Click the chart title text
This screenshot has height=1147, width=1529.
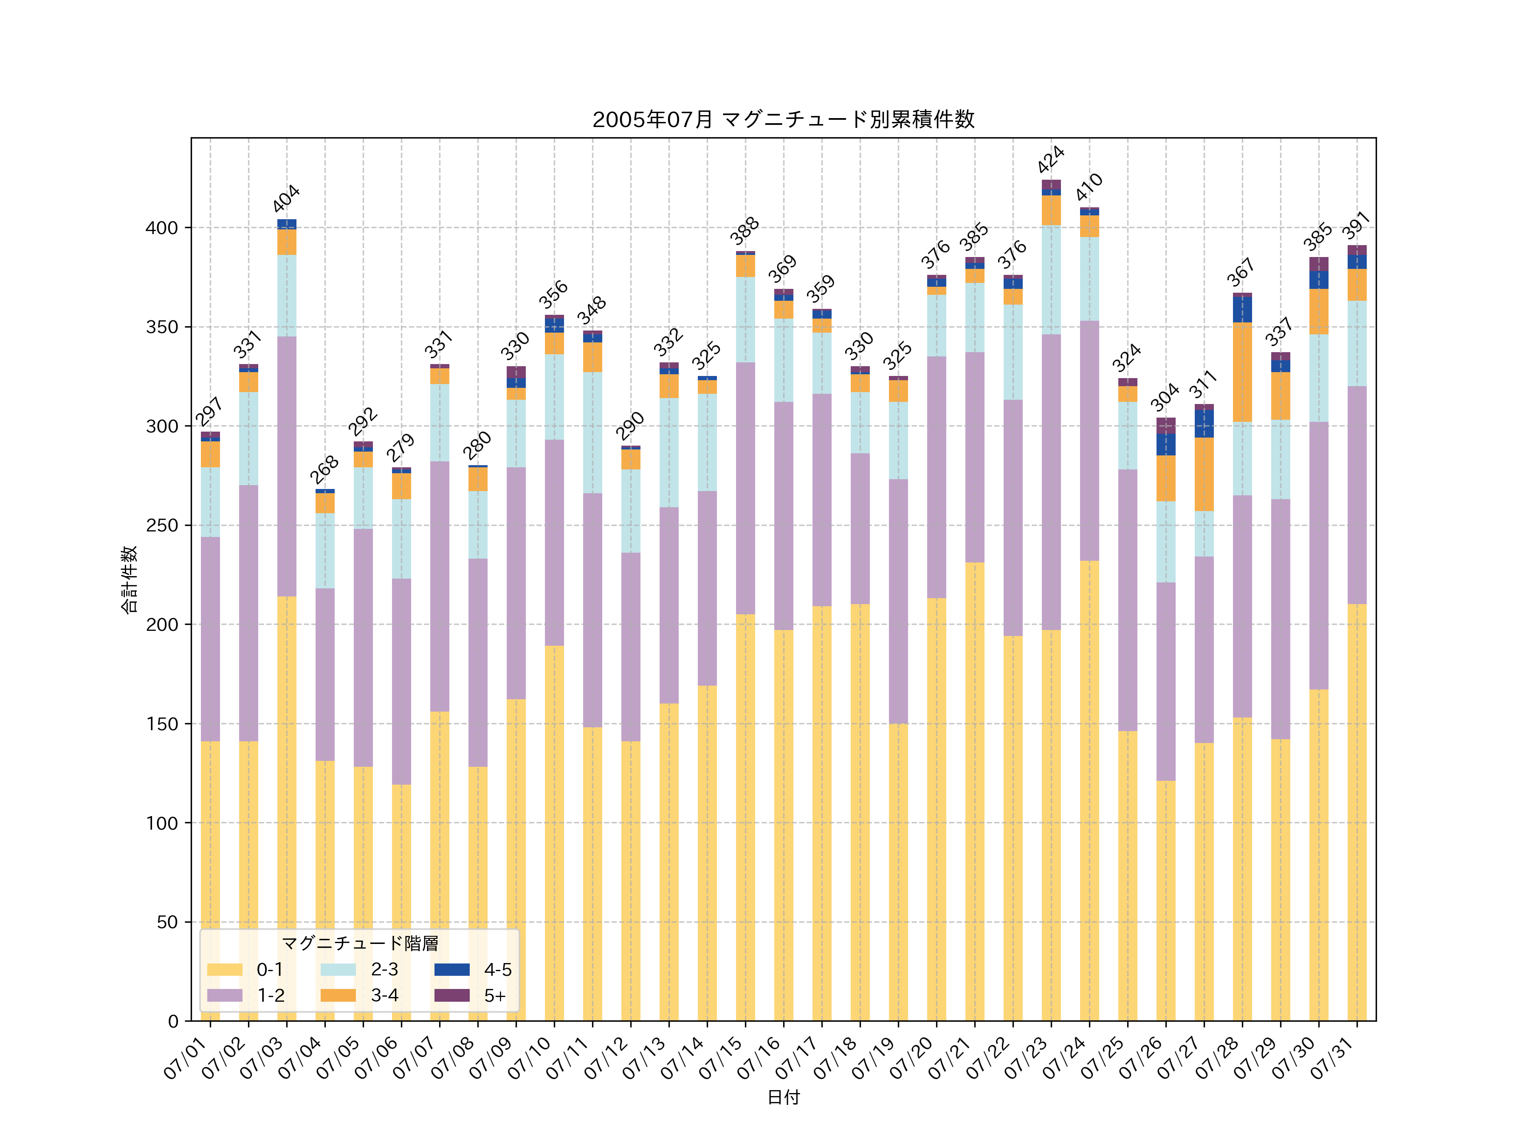(783, 120)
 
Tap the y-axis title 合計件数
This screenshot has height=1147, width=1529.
(129, 579)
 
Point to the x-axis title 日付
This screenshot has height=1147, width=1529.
(783, 1097)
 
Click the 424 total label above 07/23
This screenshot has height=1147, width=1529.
(1051, 160)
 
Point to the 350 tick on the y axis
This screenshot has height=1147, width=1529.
(162, 327)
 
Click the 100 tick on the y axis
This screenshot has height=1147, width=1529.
(162, 823)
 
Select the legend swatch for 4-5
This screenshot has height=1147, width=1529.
(452, 969)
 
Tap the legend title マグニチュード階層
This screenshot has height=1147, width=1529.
(359, 943)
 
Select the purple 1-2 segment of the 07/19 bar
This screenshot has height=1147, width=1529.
(898, 602)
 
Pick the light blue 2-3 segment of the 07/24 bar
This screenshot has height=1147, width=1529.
(1089, 279)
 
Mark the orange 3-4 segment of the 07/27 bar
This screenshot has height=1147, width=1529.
(1204, 474)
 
